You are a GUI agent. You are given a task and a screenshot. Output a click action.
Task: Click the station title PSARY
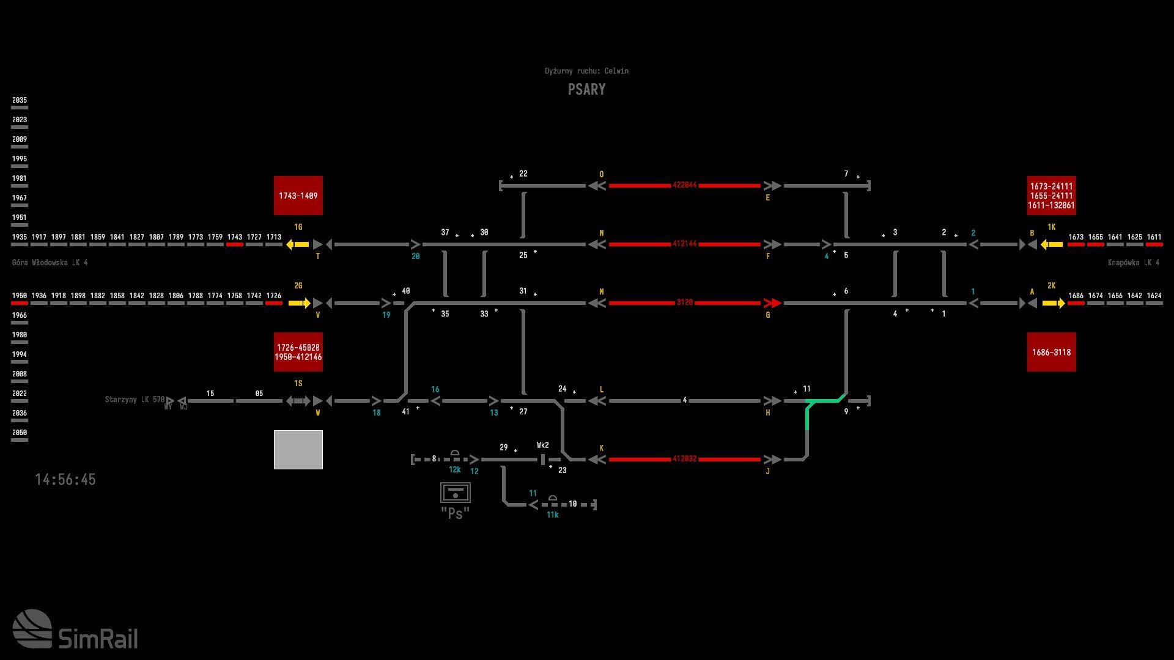point(586,90)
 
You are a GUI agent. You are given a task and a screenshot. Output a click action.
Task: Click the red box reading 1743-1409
point(298,196)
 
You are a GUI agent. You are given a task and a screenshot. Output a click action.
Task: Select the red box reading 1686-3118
point(1051,352)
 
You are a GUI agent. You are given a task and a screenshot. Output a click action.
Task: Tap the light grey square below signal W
point(298,450)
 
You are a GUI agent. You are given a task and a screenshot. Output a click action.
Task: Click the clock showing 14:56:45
point(65,480)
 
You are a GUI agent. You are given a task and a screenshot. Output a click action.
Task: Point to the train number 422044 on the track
point(684,185)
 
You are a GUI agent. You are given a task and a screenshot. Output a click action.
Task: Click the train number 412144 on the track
point(684,244)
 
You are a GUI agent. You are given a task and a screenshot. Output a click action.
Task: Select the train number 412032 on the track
point(684,459)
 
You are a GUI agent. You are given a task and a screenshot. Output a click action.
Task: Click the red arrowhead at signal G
point(773,303)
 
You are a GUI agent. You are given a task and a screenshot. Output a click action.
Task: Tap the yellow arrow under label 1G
point(298,244)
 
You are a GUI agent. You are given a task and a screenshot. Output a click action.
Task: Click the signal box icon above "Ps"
point(455,493)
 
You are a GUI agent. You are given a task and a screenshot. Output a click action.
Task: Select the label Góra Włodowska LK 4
point(50,263)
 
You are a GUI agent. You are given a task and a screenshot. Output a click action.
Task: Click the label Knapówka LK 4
point(1133,263)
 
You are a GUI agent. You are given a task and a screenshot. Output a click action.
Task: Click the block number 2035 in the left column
point(20,100)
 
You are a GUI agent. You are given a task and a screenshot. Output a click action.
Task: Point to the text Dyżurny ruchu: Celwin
point(586,71)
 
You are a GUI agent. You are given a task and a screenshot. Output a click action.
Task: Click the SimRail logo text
point(98,639)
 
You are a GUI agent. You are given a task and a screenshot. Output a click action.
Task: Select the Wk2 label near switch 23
point(542,446)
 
